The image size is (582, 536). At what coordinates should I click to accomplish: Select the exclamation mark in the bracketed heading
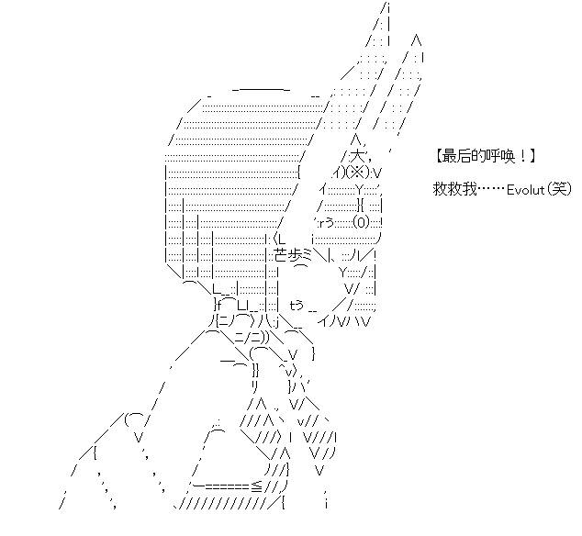point(522,156)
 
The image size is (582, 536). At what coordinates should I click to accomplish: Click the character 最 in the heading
point(448,156)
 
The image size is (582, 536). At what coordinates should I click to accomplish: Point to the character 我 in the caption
point(469,189)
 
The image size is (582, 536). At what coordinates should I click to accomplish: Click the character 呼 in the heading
point(491,156)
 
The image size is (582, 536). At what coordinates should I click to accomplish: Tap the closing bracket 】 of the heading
point(532,156)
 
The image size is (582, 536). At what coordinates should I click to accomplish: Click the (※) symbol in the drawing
point(358,173)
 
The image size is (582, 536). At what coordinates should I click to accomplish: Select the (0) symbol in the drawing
point(361,222)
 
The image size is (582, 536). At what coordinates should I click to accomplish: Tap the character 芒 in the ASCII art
point(281,255)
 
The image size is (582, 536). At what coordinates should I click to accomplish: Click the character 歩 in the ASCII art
point(295,255)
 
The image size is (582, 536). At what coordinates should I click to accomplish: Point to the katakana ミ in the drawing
point(308,255)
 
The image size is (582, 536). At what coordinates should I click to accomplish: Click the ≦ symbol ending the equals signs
point(258,486)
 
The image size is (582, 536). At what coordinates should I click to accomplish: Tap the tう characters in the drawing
point(297,305)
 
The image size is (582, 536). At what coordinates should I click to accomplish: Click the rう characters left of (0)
point(328,223)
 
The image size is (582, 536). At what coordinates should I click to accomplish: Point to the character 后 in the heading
point(463,156)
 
